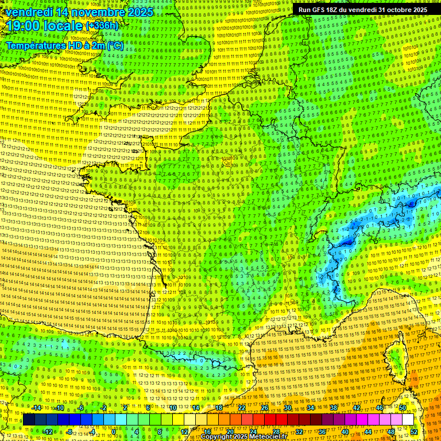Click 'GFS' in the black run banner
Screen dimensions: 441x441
point(317,10)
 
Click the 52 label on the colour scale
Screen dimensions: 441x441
point(414,431)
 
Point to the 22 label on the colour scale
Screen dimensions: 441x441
point(242,408)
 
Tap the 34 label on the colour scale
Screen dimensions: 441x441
point(311,408)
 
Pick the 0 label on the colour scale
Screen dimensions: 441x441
point(114,431)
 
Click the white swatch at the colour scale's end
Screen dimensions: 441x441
point(408,420)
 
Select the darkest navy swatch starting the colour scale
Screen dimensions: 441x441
point(29,420)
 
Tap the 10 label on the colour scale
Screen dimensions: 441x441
point(173,408)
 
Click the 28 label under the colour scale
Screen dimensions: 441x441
point(276,431)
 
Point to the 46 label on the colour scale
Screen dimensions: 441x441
point(380,408)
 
